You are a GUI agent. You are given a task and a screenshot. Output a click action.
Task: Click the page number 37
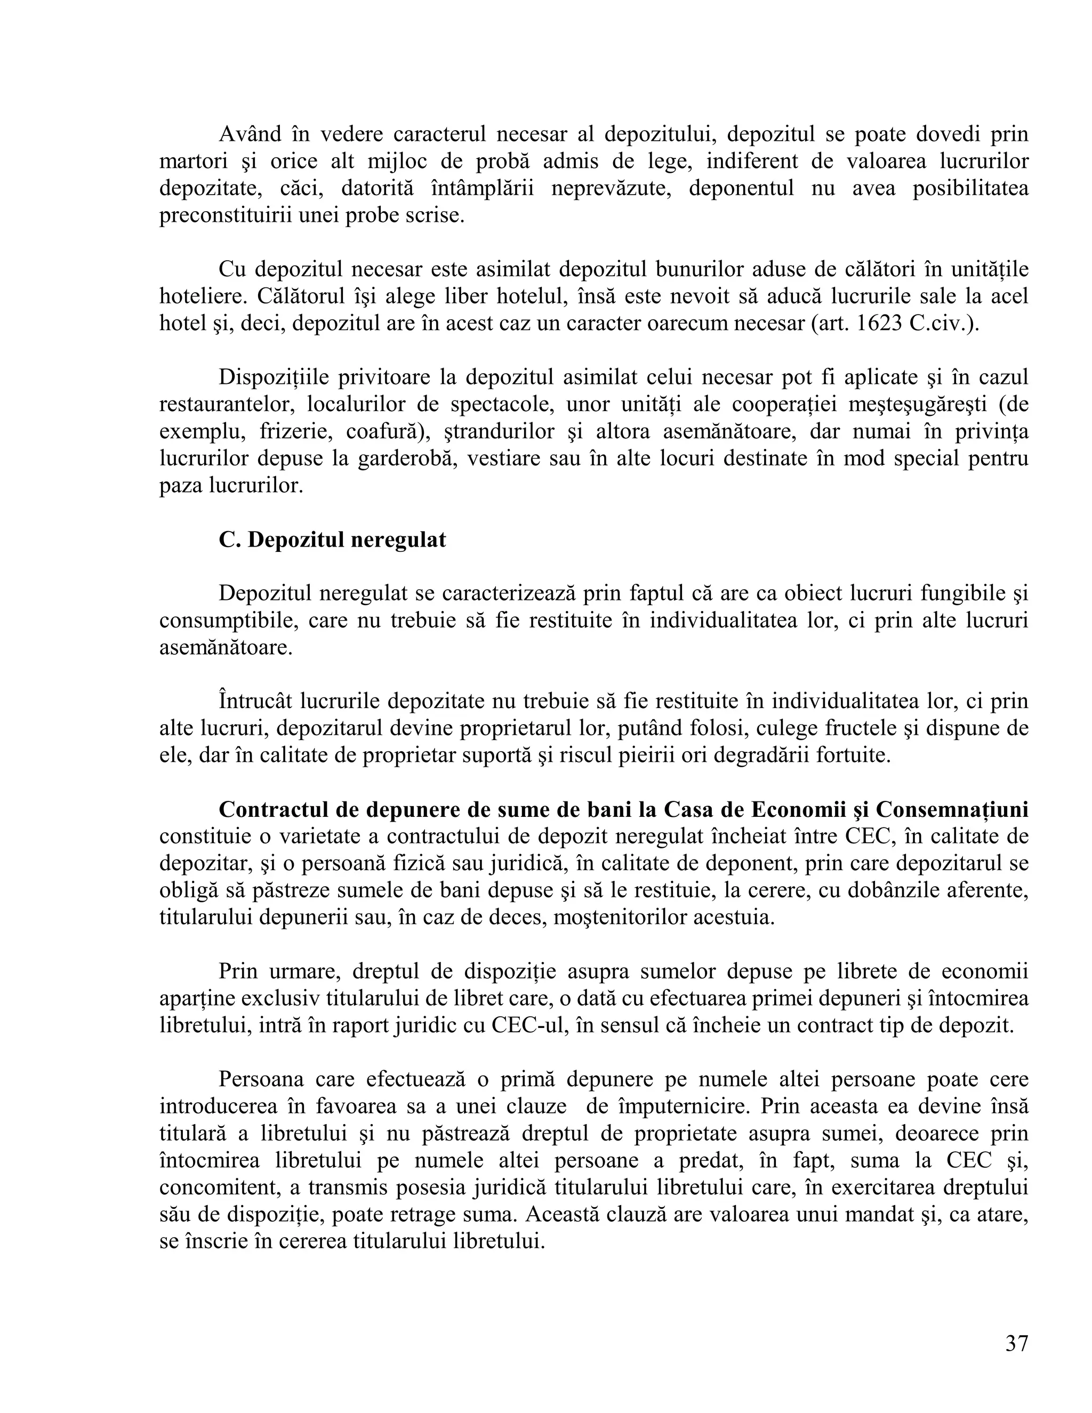coord(1016,1343)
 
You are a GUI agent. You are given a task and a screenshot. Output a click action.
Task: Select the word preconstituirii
coord(227,215)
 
